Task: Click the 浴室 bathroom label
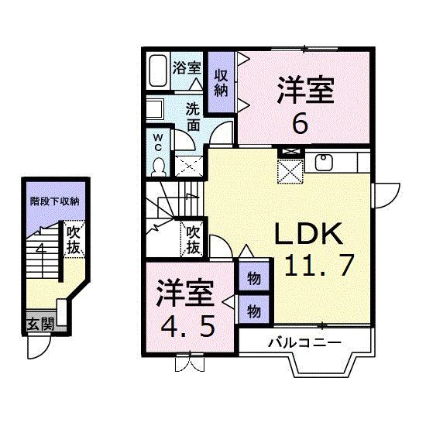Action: (187, 67)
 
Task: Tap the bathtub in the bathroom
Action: (158, 73)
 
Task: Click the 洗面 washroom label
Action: (194, 115)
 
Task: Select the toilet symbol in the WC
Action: (158, 166)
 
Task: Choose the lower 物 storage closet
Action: (253, 309)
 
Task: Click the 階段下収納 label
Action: (55, 201)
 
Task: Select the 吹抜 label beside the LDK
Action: (192, 239)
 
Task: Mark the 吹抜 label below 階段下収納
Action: (74, 239)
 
